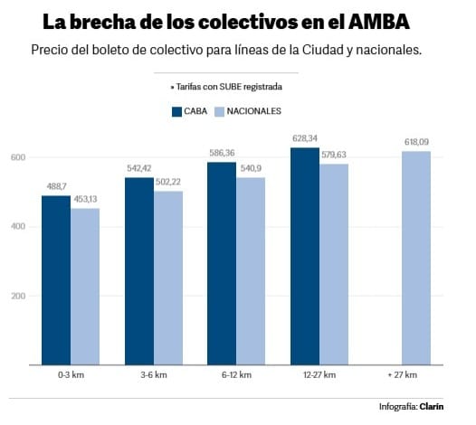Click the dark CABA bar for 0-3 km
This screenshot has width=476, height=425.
pyautogui.click(x=56, y=280)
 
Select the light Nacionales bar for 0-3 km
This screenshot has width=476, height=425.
pyautogui.click(x=85, y=287)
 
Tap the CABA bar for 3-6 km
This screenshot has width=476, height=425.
pyautogui.click(x=139, y=271)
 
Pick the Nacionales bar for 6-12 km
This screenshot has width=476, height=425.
pyautogui.click(x=251, y=271)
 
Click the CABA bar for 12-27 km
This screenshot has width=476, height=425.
pyautogui.click(x=305, y=256)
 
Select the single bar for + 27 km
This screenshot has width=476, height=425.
pyautogui.click(x=416, y=258)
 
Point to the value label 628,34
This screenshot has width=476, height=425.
pyautogui.click(x=305, y=138)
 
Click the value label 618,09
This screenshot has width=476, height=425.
pyautogui.click(x=416, y=142)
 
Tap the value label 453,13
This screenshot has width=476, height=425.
pyautogui.click(x=85, y=199)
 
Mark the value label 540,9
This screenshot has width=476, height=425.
pyautogui.click(x=251, y=168)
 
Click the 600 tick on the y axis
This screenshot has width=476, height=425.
pyautogui.click(x=18, y=157)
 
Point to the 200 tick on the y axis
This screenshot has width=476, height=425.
pyautogui.click(x=18, y=296)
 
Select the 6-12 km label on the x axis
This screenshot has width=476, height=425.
pyautogui.click(x=236, y=375)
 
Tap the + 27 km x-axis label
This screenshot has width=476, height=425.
pyautogui.click(x=403, y=375)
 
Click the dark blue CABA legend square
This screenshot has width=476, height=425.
pyautogui.click(x=176, y=111)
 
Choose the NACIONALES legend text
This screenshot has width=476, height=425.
pyautogui.click(x=253, y=111)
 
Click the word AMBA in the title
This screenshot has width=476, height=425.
pyautogui.click(x=379, y=22)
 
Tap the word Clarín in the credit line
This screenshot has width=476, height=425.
pyautogui.click(x=432, y=407)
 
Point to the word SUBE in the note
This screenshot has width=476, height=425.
pyautogui.click(x=231, y=87)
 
